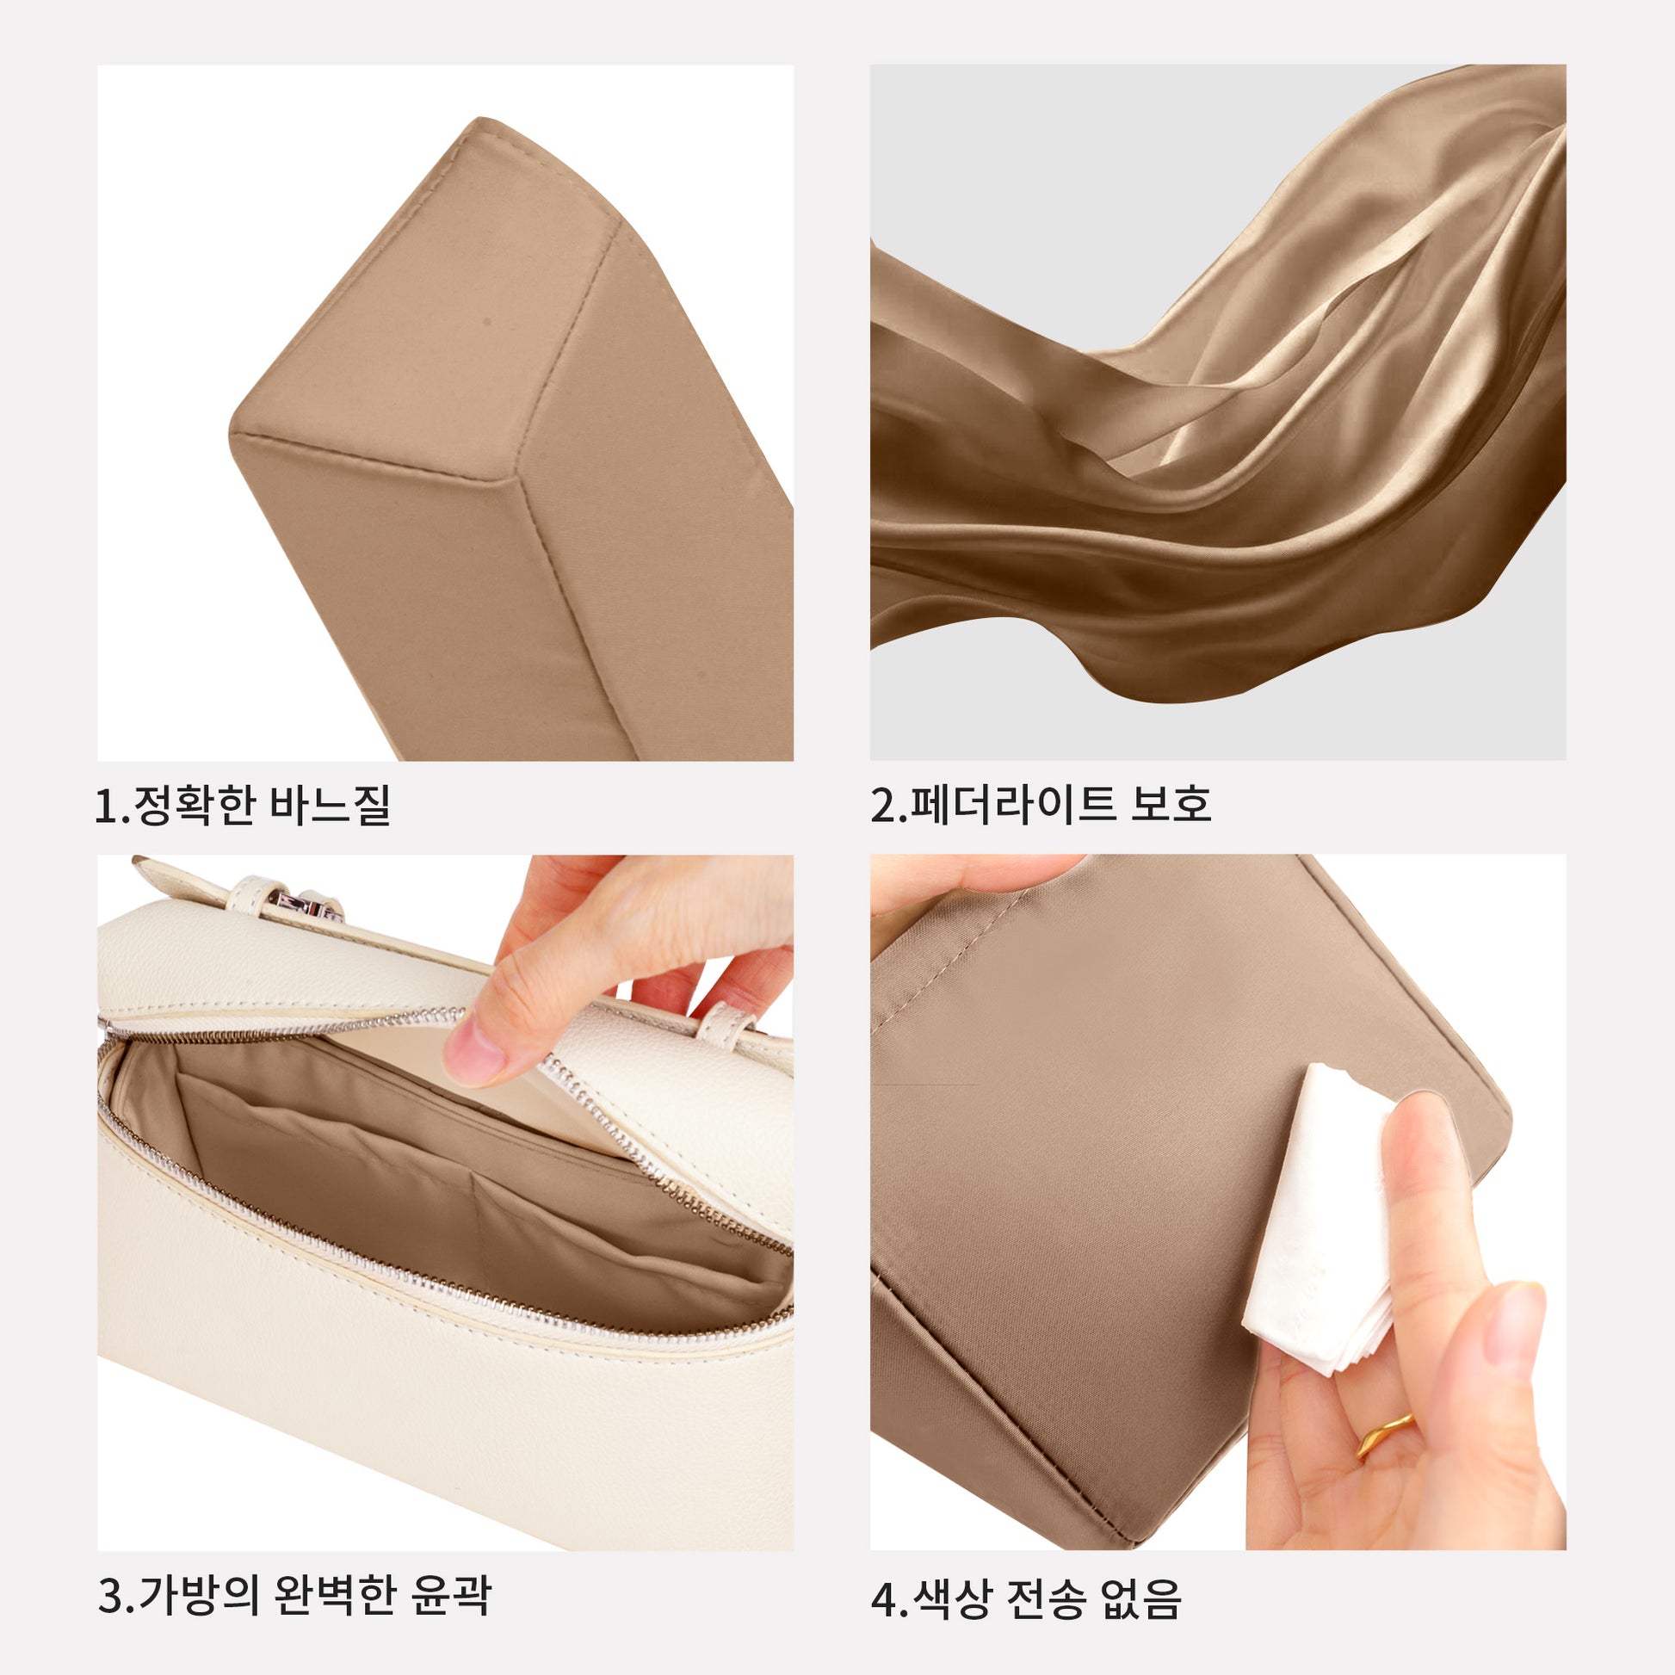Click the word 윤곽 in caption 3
[x=451, y=1595]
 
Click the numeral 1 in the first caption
[x=105, y=806]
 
